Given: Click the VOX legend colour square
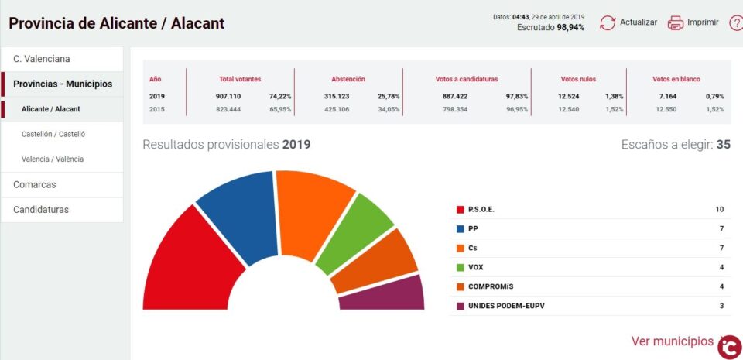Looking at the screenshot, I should click(x=461, y=267).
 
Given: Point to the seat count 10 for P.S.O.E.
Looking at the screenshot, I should click(x=719, y=210).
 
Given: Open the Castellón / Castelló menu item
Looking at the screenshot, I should click(x=53, y=134).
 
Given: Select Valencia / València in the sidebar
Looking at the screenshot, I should click(x=53, y=159).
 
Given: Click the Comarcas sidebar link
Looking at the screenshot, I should click(x=35, y=184).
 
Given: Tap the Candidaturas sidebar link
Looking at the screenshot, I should click(x=41, y=209).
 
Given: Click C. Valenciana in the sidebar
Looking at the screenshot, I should click(x=41, y=59).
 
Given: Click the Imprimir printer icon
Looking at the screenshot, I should click(x=676, y=22).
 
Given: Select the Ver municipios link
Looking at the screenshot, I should click(x=672, y=341).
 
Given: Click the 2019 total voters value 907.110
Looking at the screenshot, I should click(x=228, y=96).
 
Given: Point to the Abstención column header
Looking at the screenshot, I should click(x=348, y=79).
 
